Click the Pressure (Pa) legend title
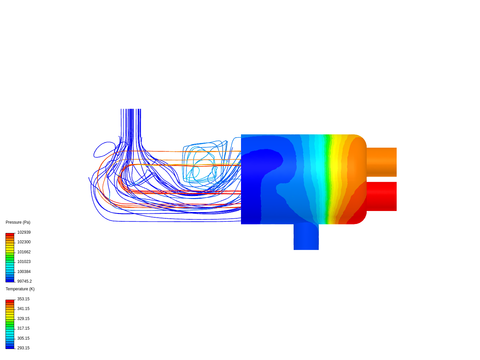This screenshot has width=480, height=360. pos(18,222)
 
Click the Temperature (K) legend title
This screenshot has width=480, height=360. pos(20,289)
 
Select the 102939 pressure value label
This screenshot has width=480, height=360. pos(24,232)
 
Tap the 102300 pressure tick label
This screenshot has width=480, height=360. pos(24,242)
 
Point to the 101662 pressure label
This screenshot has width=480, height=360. pos(24,252)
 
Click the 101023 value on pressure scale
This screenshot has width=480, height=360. pos(24,262)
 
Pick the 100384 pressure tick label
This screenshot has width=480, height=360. pos(24,272)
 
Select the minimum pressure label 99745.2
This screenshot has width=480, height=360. pos(24,281)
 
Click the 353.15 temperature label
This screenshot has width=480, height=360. pos(23,299)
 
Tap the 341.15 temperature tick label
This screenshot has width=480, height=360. pos(23,309)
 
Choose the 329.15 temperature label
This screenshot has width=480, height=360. pos(23,319)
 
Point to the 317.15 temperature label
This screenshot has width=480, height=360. pos(23,328)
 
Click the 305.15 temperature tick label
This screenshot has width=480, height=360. pos(23,338)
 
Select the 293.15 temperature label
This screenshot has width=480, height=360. pos(23,348)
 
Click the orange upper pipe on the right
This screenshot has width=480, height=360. pos(382,162)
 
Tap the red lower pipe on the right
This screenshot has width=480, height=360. pos(382,196)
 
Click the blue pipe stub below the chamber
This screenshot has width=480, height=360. pos(306,237)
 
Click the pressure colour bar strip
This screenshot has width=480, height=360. pos(10,258)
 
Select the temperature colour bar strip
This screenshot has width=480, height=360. pos(10,324)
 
